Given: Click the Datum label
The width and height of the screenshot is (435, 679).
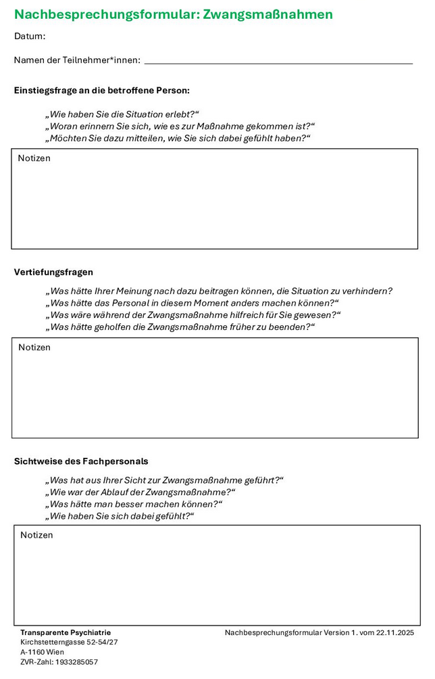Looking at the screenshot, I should (30, 37).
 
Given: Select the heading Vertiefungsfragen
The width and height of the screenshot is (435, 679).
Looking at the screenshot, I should (53, 272).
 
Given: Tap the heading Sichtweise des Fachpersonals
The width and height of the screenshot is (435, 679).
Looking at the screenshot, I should (81, 461).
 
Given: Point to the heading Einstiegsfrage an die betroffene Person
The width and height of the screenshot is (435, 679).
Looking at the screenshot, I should (102, 90).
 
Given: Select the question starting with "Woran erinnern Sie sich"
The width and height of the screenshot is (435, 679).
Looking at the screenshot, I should (180, 126).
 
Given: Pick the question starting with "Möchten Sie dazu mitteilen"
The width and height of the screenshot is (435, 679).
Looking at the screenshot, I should (178, 138).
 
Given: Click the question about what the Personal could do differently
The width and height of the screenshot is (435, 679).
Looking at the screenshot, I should (192, 303).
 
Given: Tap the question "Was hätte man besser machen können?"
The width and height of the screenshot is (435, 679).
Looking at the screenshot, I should (134, 504).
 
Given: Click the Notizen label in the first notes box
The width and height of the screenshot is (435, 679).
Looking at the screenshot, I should (34, 158).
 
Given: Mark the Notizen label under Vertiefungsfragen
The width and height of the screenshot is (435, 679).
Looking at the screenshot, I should (34, 347).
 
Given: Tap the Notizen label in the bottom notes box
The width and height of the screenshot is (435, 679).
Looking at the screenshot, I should (36, 535).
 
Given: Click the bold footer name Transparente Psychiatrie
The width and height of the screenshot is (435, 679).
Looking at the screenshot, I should (66, 632).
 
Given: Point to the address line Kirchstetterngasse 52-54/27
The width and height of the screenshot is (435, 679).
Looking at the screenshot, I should (69, 642).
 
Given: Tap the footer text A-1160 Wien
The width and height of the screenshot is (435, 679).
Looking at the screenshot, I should (43, 652).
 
